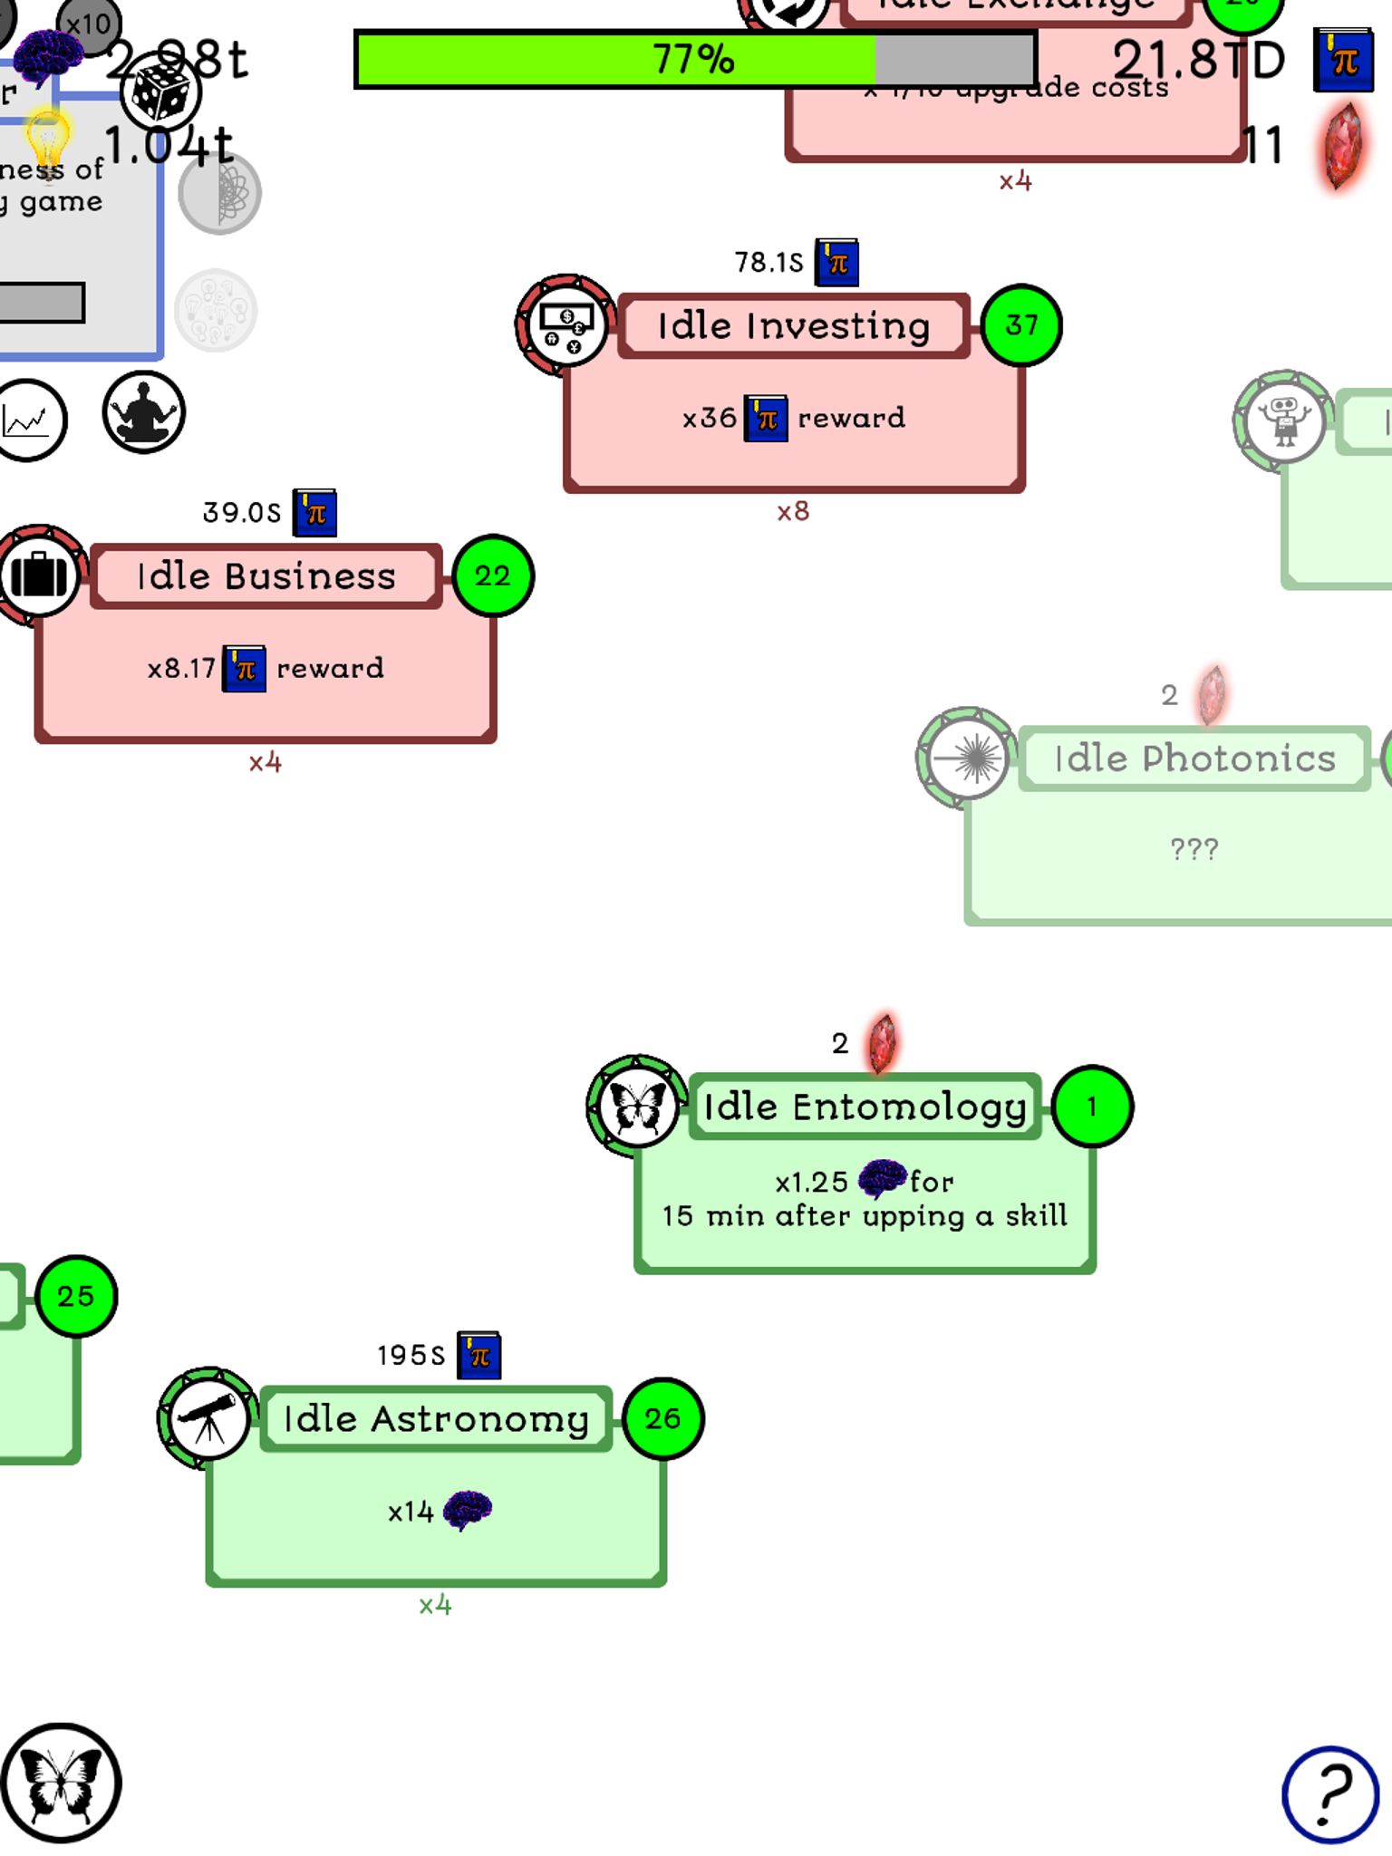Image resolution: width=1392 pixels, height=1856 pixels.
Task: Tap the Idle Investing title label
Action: pos(793,326)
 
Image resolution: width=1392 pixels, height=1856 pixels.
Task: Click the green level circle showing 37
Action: pos(1021,325)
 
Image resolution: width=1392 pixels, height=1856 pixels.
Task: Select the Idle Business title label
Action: pos(266,576)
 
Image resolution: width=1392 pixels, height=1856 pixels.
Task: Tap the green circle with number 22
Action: pos(493,576)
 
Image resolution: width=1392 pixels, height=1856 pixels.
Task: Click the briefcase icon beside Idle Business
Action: pos(39,575)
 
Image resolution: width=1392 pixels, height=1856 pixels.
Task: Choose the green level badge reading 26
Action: pos(663,1418)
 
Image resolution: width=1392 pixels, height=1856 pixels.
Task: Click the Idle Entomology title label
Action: pos(865,1107)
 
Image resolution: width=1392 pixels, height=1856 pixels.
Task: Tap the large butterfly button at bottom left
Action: pos(61,1783)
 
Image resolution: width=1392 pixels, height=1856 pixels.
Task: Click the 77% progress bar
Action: pos(695,60)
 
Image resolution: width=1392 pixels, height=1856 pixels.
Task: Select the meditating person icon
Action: pos(143,412)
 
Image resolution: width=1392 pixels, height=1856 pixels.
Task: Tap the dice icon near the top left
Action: pos(160,92)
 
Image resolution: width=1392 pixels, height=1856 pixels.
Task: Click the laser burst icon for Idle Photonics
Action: pos(967,759)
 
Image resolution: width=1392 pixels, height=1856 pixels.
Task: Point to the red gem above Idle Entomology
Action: pos(883,1043)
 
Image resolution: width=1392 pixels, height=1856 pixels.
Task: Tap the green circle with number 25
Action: pos(76,1296)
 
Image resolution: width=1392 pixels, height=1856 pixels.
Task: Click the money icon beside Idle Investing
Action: pos(566,325)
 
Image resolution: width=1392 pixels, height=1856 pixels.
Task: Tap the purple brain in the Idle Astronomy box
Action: pos(468,1510)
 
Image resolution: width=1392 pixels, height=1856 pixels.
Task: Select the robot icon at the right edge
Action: pos(1284,420)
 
